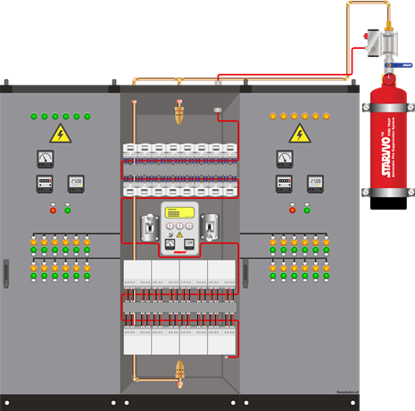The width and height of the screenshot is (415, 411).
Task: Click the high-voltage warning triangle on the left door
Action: point(60,134)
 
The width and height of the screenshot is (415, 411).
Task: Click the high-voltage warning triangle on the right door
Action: point(299,134)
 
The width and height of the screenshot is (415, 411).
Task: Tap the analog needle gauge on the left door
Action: point(45,158)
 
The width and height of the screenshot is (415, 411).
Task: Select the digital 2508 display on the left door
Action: point(76,183)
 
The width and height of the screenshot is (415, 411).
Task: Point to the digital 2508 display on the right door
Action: point(315,183)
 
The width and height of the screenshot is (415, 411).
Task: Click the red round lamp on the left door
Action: point(53,210)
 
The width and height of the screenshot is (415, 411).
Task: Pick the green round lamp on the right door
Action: point(306,210)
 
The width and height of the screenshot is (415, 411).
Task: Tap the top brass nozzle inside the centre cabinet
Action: point(180,111)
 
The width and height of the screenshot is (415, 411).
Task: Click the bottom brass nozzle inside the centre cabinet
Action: point(180,368)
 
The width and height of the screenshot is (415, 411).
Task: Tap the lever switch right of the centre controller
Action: point(211,230)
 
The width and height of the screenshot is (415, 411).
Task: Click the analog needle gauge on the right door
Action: point(285,158)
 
